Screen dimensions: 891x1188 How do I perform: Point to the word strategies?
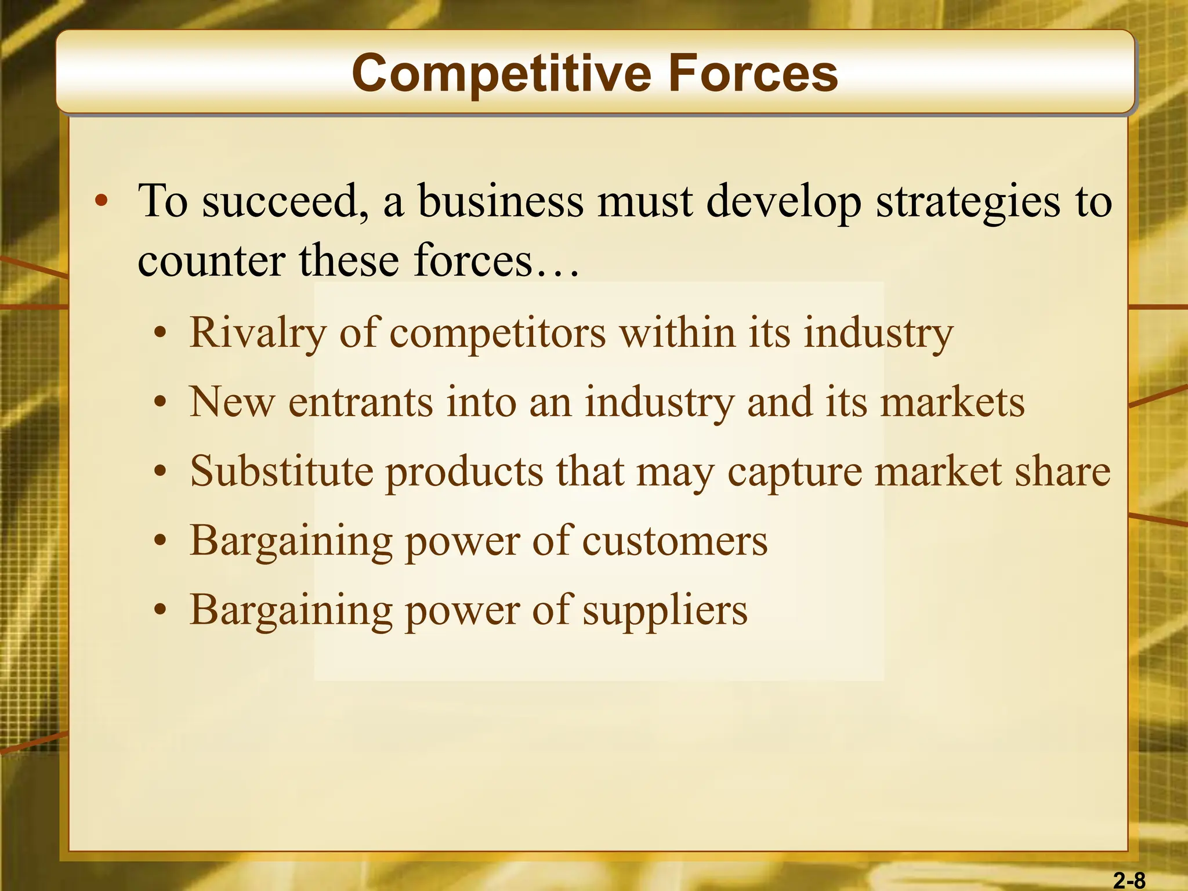pos(968,201)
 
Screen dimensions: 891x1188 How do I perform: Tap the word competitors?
pos(498,334)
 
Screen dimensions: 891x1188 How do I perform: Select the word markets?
pos(952,402)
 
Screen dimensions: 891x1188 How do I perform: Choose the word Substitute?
pos(282,471)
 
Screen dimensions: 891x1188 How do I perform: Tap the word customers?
pos(675,541)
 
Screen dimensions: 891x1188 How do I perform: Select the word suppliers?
pos(665,611)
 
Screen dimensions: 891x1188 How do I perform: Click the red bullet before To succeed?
pos(102,201)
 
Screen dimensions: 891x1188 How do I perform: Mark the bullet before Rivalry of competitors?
pos(161,334)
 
